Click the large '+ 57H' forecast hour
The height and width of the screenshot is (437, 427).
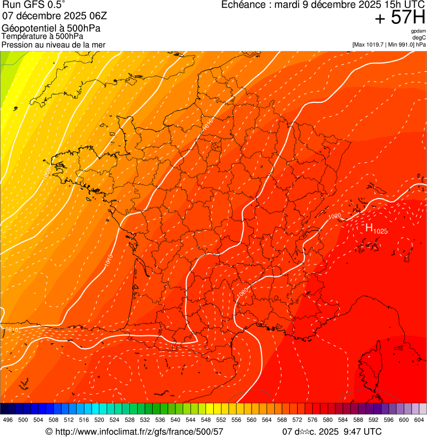pos(400,18)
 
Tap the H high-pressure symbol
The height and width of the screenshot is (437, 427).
pos(369,227)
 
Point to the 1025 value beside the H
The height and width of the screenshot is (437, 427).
pos(380,231)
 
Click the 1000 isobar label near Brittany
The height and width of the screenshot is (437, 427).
pos(46,171)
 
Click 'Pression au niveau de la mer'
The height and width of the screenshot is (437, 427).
pos(53,44)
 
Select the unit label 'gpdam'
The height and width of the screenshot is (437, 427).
pos(418,32)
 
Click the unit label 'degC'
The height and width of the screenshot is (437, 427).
pos(419,38)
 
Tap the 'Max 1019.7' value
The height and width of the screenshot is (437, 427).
pos(371,44)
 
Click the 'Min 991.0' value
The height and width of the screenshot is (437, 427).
pos(400,44)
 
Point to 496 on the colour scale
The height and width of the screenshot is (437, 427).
pos(8,420)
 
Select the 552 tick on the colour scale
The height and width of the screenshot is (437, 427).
pos(221,420)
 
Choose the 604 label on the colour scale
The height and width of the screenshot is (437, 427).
pos(419,420)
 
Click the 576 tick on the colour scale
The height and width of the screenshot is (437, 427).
pos(312,420)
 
